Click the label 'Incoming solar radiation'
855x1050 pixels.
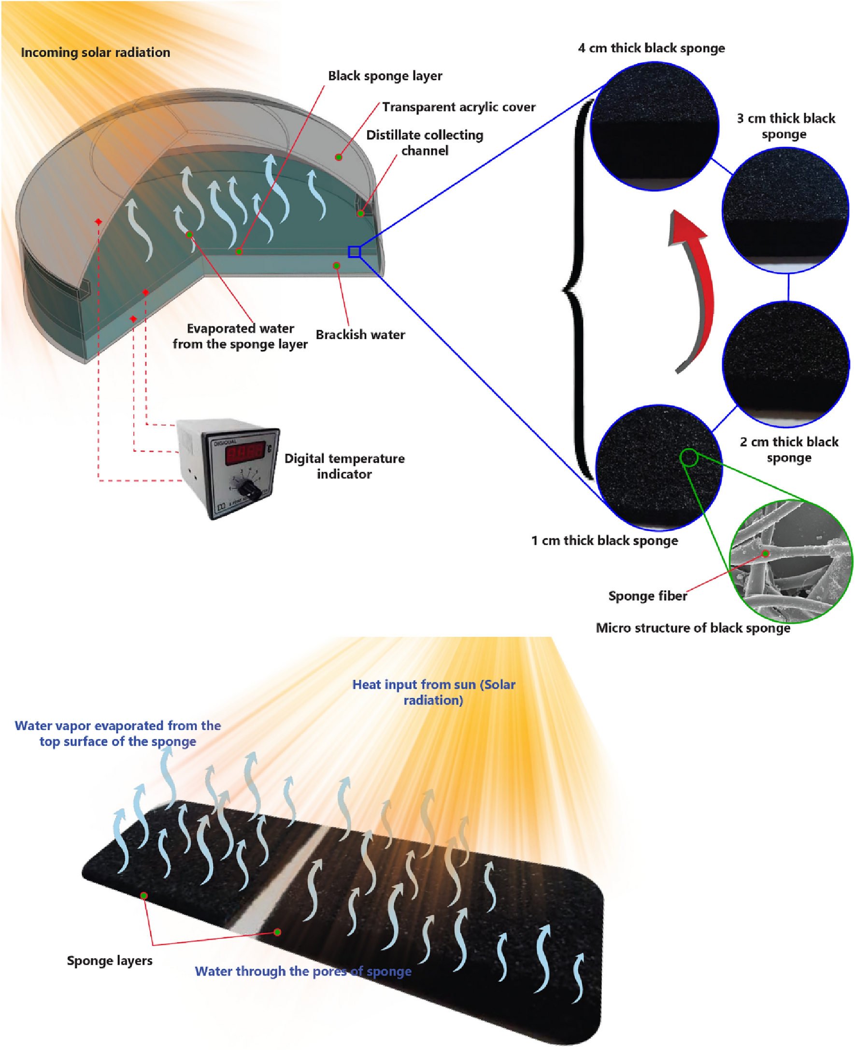tap(95, 52)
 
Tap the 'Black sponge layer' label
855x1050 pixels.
tap(385, 76)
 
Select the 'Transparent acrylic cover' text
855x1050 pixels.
tap(458, 107)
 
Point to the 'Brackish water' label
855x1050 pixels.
tap(360, 334)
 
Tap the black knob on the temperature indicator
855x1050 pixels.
tap(250, 489)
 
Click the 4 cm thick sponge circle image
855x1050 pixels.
tap(654, 127)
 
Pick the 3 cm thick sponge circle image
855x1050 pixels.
tap(785, 210)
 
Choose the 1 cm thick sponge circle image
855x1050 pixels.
tap(658, 468)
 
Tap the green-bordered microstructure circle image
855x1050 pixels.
tap(790, 561)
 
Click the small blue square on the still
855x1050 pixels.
tap(354, 252)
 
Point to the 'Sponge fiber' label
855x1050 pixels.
tap(647, 596)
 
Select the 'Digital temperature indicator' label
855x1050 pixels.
tap(344, 466)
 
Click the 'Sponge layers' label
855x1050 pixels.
tap(109, 960)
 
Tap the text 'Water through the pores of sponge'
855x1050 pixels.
tap(303, 971)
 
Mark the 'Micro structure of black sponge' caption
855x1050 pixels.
tap(693, 628)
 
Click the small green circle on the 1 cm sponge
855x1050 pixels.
tap(689, 457)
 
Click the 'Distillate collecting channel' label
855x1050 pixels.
tap(425, 142)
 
